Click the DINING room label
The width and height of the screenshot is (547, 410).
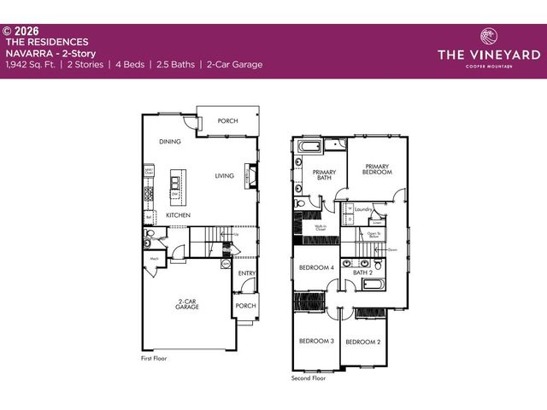(170, 142)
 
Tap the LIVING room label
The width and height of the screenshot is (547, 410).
(225, 176)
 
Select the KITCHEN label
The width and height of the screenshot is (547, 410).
(178, 215)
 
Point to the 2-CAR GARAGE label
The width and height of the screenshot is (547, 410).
(188, 303)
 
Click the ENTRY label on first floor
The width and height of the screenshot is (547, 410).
(246, 273)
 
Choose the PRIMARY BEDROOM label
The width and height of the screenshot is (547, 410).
(379, 169)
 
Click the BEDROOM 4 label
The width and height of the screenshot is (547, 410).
(316, 268)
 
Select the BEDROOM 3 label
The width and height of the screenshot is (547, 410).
(315, 341)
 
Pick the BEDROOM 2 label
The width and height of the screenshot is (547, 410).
(362, 343)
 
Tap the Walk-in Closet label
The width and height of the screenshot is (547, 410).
(320, 228)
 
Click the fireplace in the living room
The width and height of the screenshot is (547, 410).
(250, 176)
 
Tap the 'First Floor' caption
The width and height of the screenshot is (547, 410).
(154, 359)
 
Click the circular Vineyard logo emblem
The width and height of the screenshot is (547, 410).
(489, 37)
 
